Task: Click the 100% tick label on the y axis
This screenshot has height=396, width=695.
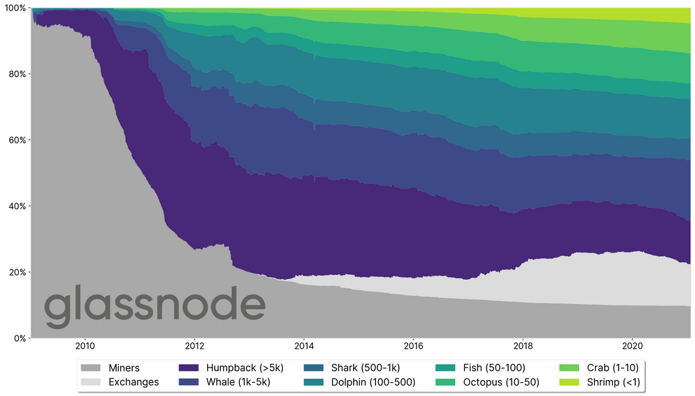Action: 14,8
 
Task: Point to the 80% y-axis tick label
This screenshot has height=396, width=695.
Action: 16,74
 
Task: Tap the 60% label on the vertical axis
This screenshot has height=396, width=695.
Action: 16,140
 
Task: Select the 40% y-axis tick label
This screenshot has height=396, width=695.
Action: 16,206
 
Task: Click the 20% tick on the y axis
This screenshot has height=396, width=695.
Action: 16,272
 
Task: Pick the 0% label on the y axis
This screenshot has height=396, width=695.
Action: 18,338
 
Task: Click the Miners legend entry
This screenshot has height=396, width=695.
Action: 124,368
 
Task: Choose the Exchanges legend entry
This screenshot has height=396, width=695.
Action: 133,382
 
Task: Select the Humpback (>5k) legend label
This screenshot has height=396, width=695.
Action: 240,368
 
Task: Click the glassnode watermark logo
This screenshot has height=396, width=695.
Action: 154,308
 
